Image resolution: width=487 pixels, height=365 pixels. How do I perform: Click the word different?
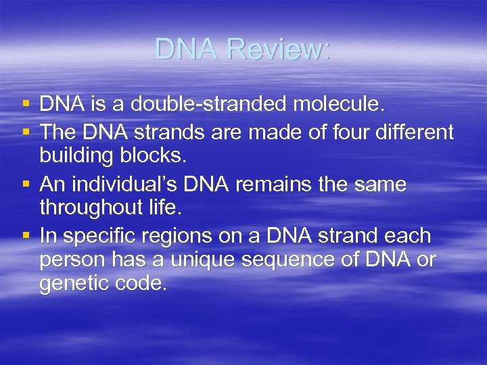pyautogui.click(x=416, y=132)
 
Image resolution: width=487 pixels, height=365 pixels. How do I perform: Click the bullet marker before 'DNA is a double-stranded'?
pyautogui.click(x=26, y=105)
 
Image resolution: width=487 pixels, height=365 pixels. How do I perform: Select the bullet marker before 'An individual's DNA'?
pyautogui.click(x=26, y=185)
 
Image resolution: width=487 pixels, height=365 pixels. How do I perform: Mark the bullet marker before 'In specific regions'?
pyautogui.click(x=26, y=237)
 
